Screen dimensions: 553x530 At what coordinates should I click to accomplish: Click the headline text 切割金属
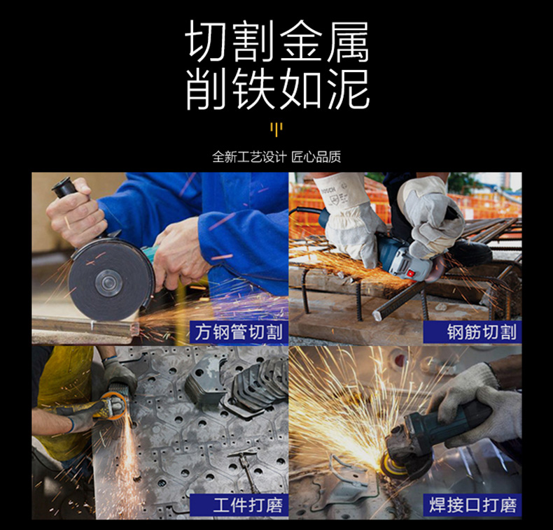pyautogui.click(x=277, y=41)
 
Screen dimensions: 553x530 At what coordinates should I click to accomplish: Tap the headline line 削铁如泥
pyautogui.click(x=277, y=89)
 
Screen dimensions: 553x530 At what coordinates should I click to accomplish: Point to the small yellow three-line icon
pyautogui.click(x=276, y=129)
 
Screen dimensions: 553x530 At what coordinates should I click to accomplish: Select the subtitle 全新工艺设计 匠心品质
pyautogui.click(x=276, y=157)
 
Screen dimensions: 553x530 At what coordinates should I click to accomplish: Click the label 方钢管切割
pyautogui.click(x=239, y=332)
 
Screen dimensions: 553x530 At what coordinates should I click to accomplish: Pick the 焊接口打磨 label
pyautogui.click(x=472, y=505)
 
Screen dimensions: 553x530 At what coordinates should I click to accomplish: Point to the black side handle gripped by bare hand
pyautogui.click(x=66, y=187)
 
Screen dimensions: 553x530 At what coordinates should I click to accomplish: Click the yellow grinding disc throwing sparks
pyautogui.click(x=390, y=464)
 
